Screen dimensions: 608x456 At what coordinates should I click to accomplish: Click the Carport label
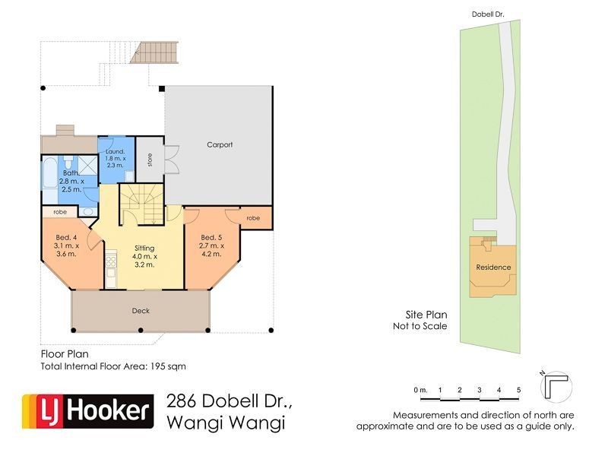coord(220,144)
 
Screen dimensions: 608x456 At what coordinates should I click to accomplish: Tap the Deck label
coord(141,311)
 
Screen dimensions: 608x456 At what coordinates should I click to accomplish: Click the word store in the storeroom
coord(150,160)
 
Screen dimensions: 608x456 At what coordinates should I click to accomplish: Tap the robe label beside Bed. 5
coord(253,218)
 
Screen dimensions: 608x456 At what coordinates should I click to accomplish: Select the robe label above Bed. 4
coord(60,212)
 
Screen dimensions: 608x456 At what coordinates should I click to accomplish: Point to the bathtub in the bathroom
coord(49,180)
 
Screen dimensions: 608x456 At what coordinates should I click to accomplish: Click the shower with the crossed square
coord(87,165)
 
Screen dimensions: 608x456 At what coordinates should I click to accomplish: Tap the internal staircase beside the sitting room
coord(141,204)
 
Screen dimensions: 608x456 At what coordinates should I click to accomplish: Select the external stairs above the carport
coord(154,52)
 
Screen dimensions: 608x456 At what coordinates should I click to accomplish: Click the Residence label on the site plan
coord(493,268)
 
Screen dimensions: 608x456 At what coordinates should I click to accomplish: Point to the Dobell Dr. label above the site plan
coord(488,14)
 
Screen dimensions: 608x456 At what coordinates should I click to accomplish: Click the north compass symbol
coord(556,386)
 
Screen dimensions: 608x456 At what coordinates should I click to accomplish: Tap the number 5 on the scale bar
coord(518,390)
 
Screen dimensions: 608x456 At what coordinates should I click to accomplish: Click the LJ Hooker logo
coord(88,411)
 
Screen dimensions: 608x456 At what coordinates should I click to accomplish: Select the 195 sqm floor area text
coord(168,366)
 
